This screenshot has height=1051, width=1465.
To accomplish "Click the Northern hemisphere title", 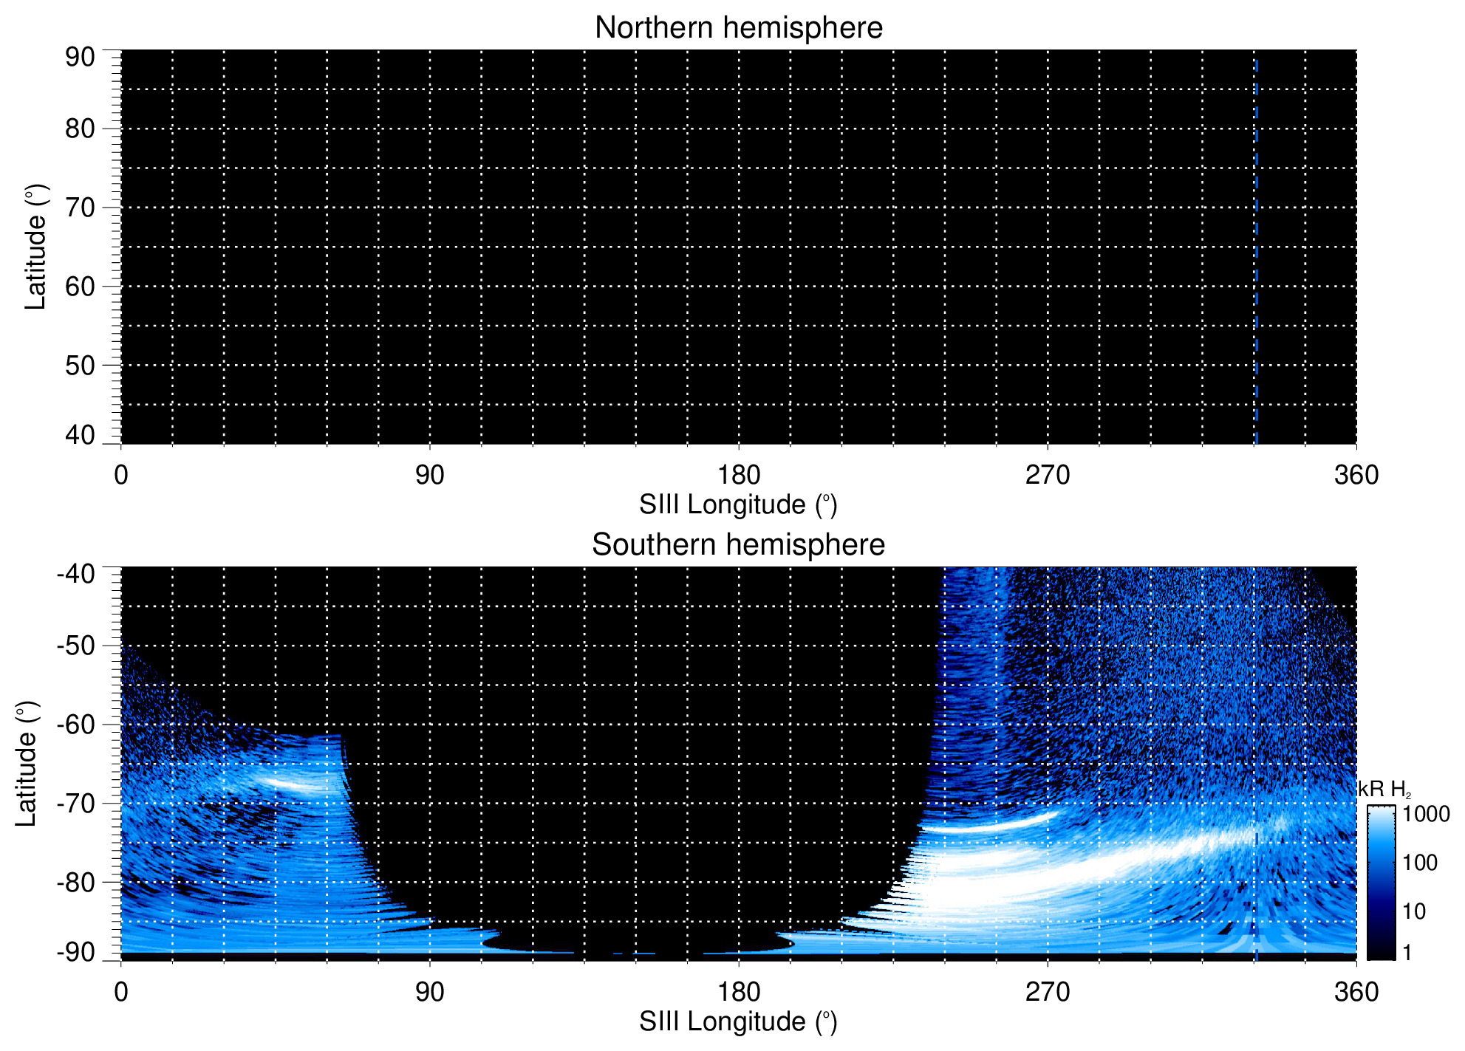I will (738, 28).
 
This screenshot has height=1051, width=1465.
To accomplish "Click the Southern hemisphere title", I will (738, 545).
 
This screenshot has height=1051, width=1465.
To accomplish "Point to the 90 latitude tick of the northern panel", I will (80, 57).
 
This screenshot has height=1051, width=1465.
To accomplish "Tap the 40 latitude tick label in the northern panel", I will (80, 435).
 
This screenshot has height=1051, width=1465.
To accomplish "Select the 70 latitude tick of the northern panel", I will (80, 208).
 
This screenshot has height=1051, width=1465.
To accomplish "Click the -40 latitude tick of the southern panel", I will (75, 573).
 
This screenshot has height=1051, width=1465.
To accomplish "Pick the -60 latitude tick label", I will (75, 725).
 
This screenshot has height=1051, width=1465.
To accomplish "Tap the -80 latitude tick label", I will (75, 882).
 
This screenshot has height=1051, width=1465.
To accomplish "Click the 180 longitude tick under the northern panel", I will (739, 475).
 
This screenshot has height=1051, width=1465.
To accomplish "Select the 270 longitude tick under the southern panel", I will (1048, 992).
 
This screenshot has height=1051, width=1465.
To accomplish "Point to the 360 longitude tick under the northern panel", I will (1356, 475).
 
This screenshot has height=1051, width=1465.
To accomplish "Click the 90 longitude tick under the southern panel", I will (429, 992).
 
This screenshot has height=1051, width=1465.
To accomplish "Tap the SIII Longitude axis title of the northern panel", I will (738, 505).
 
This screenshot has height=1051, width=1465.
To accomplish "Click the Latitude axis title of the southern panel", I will (27, 764).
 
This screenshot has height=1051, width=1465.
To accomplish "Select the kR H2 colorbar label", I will (1384, 790).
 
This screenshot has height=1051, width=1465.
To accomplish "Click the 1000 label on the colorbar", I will (1426, 814).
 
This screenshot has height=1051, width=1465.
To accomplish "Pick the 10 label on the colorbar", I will (1414, 911).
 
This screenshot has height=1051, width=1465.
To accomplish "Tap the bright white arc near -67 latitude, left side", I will (296, 784).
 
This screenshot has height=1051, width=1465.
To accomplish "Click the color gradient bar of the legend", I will (1381, 883).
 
